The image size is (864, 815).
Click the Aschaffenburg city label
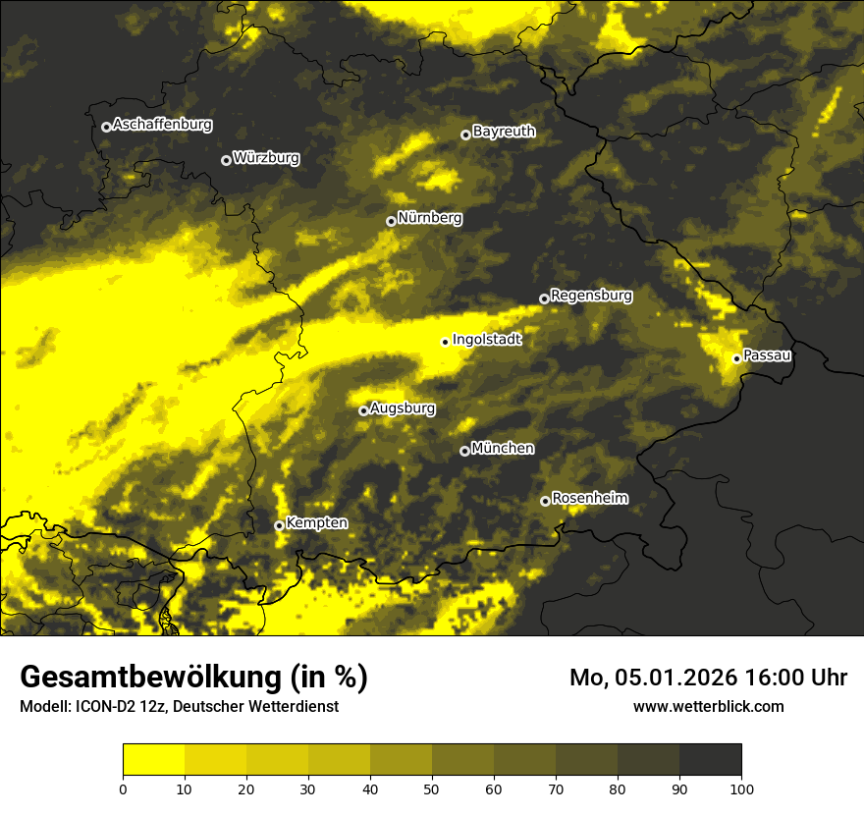click(x=162, y=125)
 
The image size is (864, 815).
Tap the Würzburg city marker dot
click(x=226, y=160)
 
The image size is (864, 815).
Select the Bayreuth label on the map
click(x=504, y=132)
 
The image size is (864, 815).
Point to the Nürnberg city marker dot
click(x=391, y=221)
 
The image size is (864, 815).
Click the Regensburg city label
click(x=591, y=295)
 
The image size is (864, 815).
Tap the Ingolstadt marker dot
click(x=445, y=342)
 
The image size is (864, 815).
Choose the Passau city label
click(x=767, y=355)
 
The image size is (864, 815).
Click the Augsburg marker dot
click(x=363, y=410)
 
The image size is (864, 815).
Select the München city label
click(x=503, y=449)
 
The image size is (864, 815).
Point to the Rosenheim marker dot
click(x=545, y=501)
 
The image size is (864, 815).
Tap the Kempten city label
click(x=316, y=523)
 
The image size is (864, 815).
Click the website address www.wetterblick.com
click(x=708, y=706)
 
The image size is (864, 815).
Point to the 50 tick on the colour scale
click(x=432, y=788)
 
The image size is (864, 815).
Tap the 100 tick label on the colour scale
click(x=741, y=788)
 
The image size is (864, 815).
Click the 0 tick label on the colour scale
click(x=123, y=788)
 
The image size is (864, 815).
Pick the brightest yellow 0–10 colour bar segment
click(x=153, y=759)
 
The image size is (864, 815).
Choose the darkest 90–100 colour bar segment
click(x=710, y=759)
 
